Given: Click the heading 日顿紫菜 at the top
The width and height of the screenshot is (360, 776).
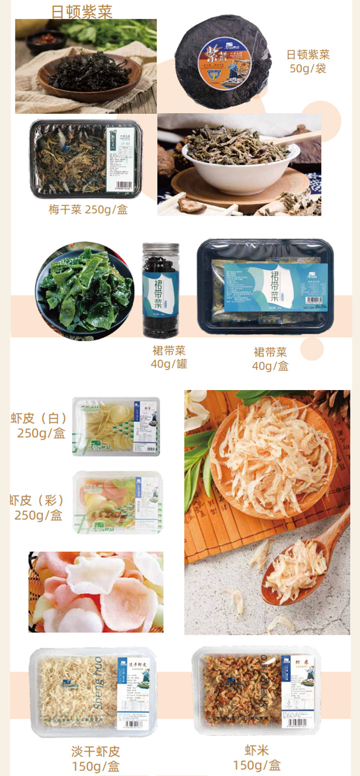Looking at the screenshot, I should coord(82,12).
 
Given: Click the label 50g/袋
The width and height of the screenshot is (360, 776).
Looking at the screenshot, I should coord(308,69).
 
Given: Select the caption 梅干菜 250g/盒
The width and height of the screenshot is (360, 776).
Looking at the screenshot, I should coord(88,210).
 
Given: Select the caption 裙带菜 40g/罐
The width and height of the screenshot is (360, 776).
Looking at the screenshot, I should coord(169,357).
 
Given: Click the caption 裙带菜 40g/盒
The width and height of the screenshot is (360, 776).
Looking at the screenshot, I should coord(270,359).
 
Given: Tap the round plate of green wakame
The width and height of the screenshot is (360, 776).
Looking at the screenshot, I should coord(85,291).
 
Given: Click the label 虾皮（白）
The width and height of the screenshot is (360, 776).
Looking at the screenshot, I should coord(39,418).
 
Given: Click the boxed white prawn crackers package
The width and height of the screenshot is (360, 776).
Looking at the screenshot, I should coord(116,427).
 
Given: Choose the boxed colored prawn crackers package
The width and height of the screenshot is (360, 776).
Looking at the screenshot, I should coord(118,502).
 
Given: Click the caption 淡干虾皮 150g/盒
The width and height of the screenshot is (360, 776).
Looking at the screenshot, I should coord(95,758).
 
